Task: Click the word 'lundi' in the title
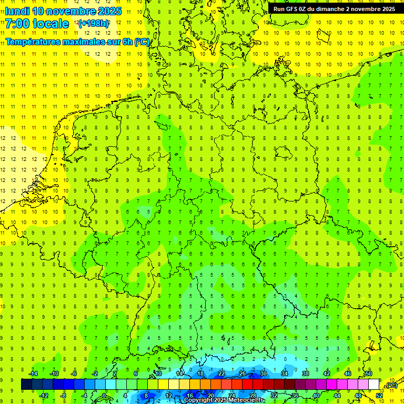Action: click(x=17, y=11)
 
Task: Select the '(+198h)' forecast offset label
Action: click(x=94, y=23)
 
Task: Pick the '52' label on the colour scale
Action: click(x=379, y=395)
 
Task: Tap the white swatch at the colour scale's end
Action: click(x=373, y=385)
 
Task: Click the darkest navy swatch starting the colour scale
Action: click(x=26, y=385)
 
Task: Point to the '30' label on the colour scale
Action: click(x=263, y=374)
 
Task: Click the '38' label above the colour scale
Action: click(x=305, y=374)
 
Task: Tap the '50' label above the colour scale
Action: click(x=368, y=374)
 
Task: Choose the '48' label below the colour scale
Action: click(x=358, y=395)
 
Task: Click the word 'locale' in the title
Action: click(x=50, y=24)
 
